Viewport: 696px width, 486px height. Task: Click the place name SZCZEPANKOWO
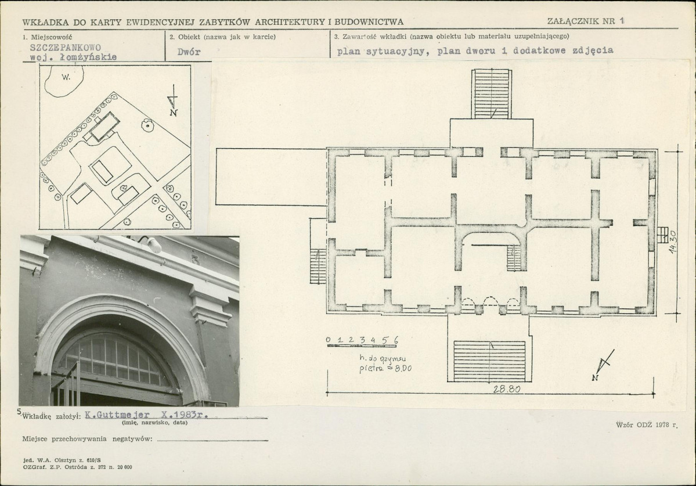tap(65, 48)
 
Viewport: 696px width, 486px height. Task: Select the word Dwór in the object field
tap(189, 52)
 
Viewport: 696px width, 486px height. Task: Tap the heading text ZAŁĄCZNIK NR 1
tap(586, 21)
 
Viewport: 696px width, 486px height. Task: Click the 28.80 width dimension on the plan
tap(507, 389)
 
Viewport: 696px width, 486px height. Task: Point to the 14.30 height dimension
tap(673, 242)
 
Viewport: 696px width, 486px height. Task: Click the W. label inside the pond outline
tap(66, 77)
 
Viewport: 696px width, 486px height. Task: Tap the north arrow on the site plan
tap(173, 101)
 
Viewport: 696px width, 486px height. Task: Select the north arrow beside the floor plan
tap(603, 365)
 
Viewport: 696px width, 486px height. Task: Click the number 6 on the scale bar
tap(395, 340)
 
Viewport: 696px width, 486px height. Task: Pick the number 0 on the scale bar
tap(329, 340)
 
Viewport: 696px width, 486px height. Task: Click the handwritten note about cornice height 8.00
tap(385, 363)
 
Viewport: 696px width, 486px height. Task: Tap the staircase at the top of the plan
tap(491, 93)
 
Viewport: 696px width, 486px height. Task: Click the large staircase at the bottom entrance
tap(489, 361)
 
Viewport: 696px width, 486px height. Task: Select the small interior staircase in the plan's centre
tap(514, 258)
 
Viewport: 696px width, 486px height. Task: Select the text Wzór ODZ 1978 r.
tap(647, 425)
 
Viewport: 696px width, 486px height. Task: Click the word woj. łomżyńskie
tap(73, 57)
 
